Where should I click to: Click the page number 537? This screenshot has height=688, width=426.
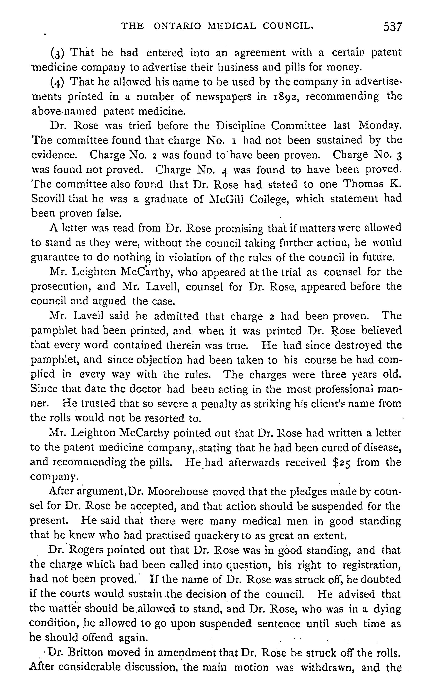pyautogui.click(x=392, y=27)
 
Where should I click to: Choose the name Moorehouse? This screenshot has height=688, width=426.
pyautogui.click(x=178, y=492)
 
